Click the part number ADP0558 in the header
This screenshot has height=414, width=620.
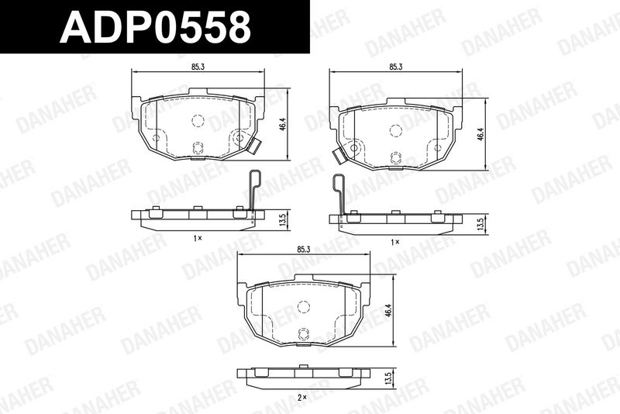pyautogui.click(x=155, y=26)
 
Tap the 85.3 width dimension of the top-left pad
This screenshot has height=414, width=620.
pyautogui.click(x=198, y=67)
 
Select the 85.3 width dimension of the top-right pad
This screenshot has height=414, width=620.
pyautogui.click(x=395, y=67)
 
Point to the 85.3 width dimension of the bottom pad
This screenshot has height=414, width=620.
pyautogui.click(x=303, y=249)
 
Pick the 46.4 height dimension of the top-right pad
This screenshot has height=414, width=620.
pyautogui.click(x=480, y=134)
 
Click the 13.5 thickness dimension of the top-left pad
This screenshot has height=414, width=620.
pyautogui.click(x=282, y=220)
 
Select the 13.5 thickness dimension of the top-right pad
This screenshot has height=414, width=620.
pyautogui.click(x=480, y=224)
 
